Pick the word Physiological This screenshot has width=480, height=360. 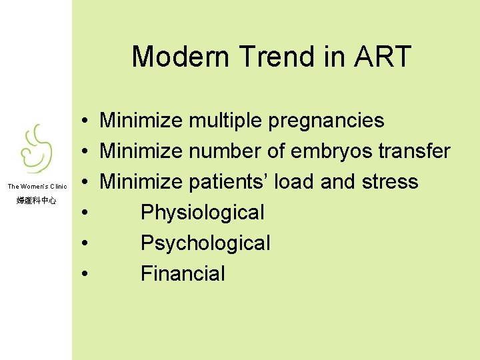(x=203, y=213)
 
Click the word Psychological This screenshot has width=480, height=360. (x=205, y=243)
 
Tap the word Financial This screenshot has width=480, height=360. (x=183, y=273)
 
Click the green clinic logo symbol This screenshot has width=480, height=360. (x=35, y=150)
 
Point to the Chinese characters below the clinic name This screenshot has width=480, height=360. (x=36, y=200)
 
